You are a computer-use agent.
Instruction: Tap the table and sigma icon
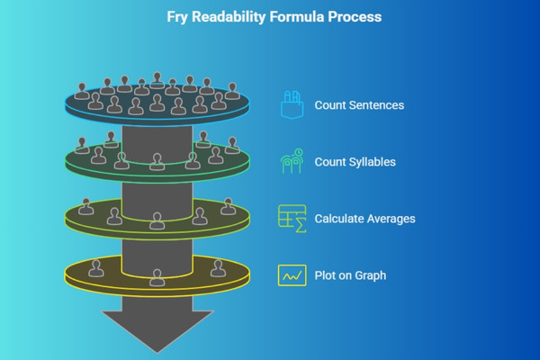tap(291, 218)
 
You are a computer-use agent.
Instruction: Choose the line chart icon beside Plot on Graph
tap(291, 274)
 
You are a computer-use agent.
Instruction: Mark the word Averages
tap(390, 219)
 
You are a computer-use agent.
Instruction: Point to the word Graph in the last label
tap(369, 275)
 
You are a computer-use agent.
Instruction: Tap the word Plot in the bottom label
tap(326, 275)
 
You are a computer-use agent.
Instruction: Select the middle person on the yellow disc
tap(157, 277)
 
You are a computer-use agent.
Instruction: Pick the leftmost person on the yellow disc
tap(94, 266)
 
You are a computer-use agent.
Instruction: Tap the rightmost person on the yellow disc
tap(219, 266)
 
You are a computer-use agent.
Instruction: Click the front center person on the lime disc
tap(157, 220)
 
